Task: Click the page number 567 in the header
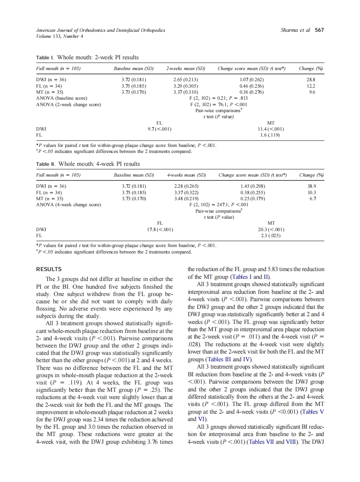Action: click(319, 30)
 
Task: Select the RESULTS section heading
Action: click(49, 269)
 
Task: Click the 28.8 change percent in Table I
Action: click(311, 79)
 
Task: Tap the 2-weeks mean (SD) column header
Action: click(186, 68)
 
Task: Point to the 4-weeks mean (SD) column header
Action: click(186, 175)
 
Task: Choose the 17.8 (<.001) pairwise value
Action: click(160, 229)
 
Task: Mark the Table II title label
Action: click(46, 164)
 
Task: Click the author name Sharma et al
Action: click(295, 30)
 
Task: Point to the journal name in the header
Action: click(101, 30)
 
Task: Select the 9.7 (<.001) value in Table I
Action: click(160, 128)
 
